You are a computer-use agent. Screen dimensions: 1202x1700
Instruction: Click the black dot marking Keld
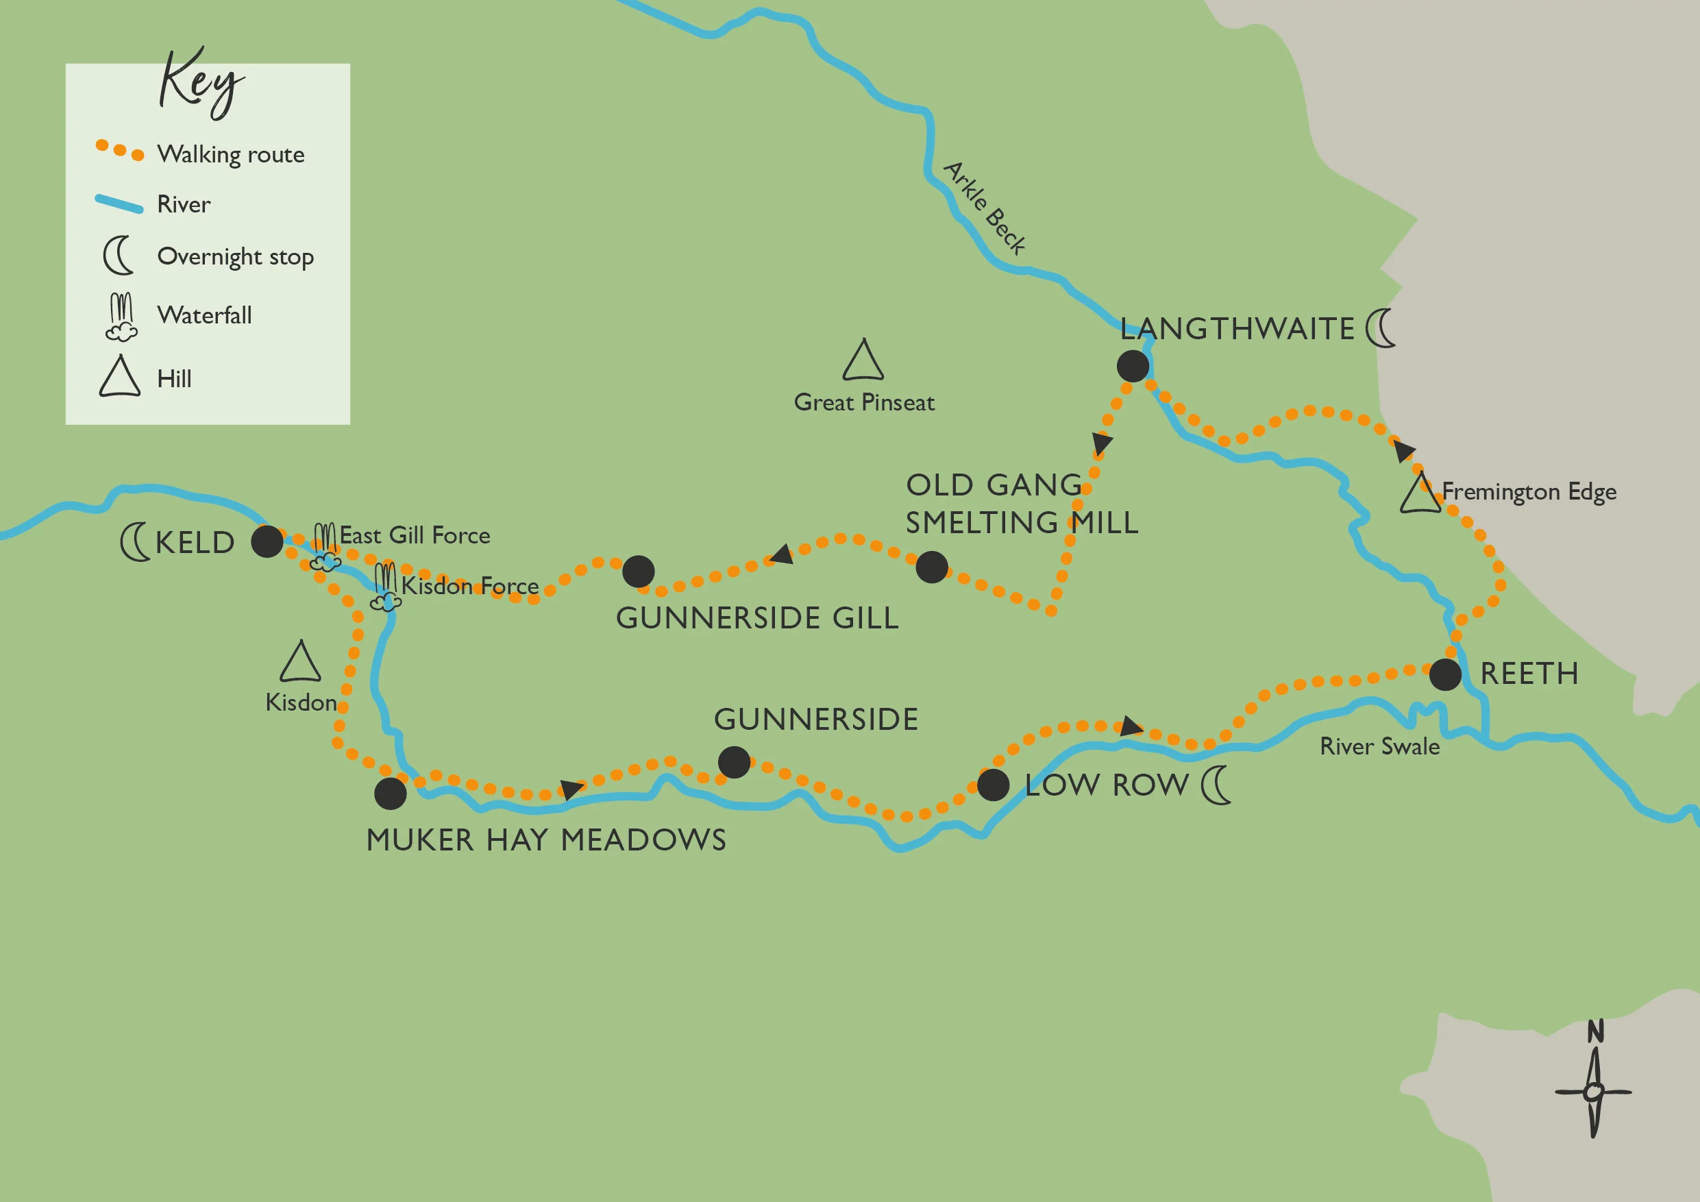click(267, 541)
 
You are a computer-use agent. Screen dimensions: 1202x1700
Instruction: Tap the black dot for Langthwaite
click(1132, 366)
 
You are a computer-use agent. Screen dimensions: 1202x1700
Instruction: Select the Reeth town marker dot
click(1444, 674)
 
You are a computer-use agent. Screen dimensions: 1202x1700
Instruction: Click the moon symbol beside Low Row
click(1216, 785)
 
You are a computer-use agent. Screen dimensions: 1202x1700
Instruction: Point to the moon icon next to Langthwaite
click(1380, 328)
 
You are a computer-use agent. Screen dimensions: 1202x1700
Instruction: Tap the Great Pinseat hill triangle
click(863, 361)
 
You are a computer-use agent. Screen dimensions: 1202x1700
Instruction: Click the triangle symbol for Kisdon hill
click(300, 663)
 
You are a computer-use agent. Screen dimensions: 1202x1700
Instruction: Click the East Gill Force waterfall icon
click(325, 548)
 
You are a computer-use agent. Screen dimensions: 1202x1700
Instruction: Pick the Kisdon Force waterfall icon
click(386, 587)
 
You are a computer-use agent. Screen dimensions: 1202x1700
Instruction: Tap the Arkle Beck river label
click(985, 208)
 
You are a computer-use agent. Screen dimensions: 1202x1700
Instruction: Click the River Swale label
click(1379, 746)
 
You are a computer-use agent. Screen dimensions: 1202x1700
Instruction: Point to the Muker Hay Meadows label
click(546, 840)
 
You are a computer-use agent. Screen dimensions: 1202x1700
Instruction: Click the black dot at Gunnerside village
click(734, 762)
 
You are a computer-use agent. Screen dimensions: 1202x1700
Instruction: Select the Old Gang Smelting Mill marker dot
click(931, 567)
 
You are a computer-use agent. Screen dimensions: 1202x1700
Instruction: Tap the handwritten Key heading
click(200, 84)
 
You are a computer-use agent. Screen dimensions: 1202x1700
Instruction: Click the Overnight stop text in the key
click(236, 257)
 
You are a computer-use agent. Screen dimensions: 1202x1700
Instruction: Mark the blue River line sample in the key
click(119, 204)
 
